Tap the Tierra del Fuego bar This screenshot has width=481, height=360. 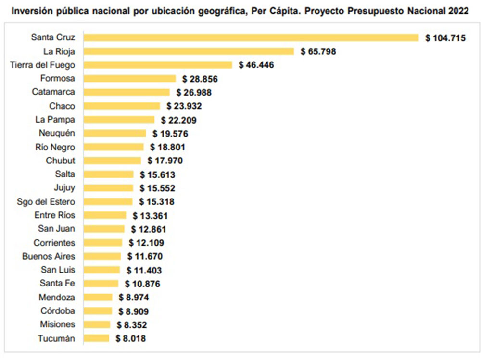(158, 65)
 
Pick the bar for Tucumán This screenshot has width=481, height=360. (96, 338)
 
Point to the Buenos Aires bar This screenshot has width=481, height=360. (102, 256)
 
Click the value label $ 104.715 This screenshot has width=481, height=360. (445, 37)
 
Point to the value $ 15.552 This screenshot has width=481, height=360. (157, 188)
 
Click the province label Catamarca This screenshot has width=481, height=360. (53, 92)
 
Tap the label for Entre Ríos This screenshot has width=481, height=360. (55, 215)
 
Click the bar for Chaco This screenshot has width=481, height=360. (122, 106)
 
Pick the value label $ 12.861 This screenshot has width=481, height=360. (148, 229)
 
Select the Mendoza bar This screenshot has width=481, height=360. (98, 298)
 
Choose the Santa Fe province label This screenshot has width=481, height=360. (58, 284)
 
